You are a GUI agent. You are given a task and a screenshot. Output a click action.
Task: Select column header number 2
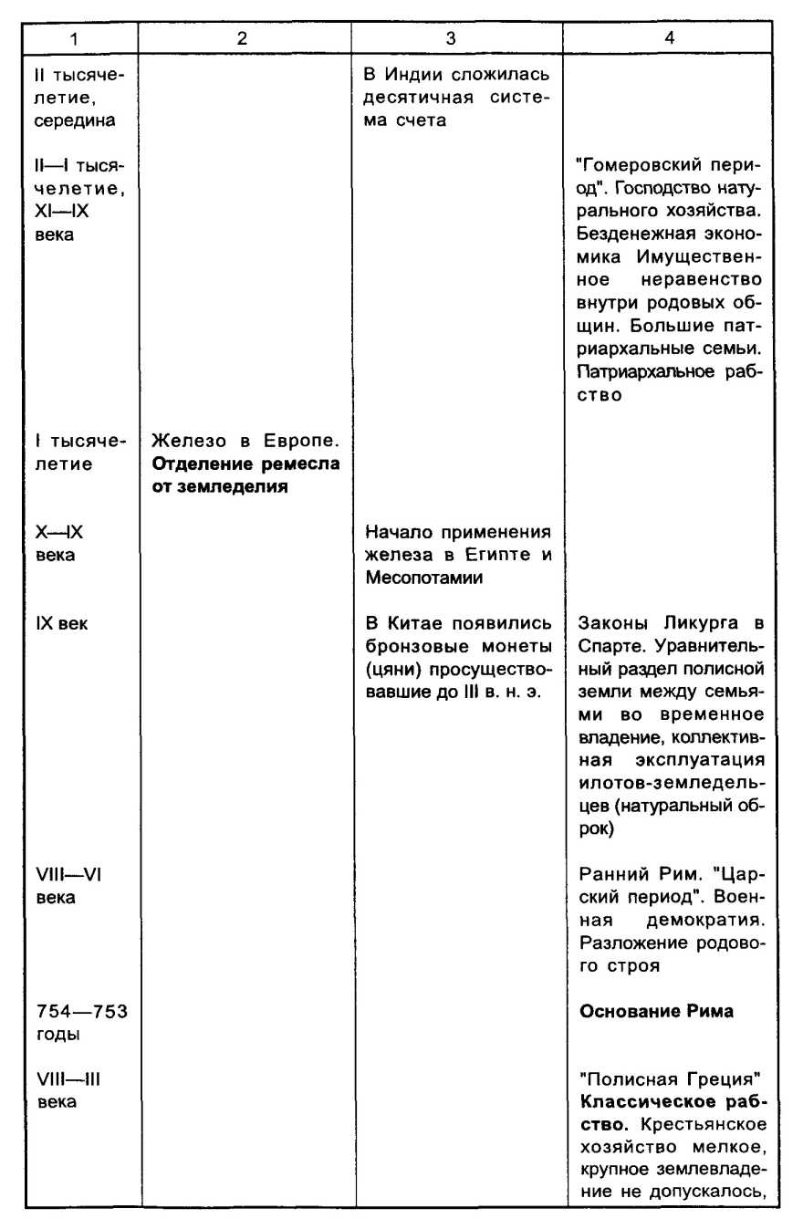point(242,39)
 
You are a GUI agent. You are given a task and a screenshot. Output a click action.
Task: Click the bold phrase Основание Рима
point(657,1011)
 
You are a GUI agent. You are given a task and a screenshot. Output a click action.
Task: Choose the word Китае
point(408,625)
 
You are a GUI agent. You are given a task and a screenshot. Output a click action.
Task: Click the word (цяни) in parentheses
point(390,669)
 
